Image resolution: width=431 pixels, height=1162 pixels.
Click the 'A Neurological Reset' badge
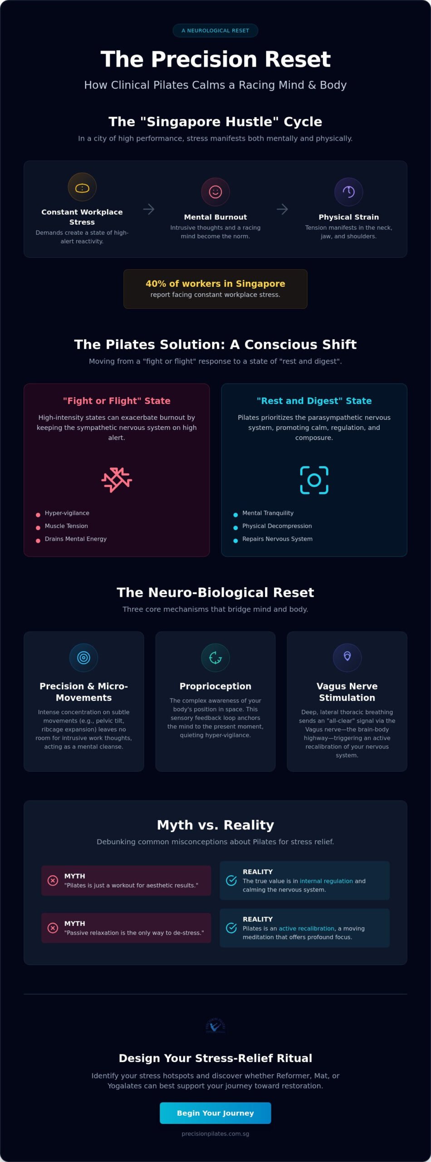[x=215, y=30]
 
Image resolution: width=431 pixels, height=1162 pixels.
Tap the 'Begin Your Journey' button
[x=215, y=1113]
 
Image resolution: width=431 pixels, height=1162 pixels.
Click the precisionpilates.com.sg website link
[x=215, y=1133]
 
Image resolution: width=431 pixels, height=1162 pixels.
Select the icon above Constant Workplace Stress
[x=82, y=187]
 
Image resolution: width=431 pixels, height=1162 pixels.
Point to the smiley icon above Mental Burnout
[x=215, y=192]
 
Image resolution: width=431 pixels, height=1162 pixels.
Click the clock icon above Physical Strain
[x=349, y=192]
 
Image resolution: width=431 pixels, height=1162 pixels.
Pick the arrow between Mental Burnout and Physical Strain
[x=282, y=209]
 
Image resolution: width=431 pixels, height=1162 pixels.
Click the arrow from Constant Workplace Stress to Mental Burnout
[x=149, y=209]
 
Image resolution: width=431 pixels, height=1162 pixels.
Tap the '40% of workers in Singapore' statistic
[x=215, y=284]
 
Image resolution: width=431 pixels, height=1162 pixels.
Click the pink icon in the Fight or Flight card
[x=117, y=480]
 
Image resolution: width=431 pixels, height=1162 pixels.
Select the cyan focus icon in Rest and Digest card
[x=314, y=480]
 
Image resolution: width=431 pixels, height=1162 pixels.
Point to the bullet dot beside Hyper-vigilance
[x=38, y=515]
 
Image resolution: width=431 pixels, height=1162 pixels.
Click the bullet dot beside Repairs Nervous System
[x=235, y=541]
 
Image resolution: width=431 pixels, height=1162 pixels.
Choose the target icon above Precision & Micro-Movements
[x=84, y=657]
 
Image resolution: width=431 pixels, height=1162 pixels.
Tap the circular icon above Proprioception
[x=215, y=657]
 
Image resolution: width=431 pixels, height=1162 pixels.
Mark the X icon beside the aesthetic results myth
[x=53, y=881]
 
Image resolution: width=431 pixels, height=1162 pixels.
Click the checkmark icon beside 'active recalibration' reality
[x=231, y=928]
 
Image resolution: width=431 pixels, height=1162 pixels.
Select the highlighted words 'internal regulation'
[x=326, y=881]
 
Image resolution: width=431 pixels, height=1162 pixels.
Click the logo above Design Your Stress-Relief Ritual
[x=215, y=1025]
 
